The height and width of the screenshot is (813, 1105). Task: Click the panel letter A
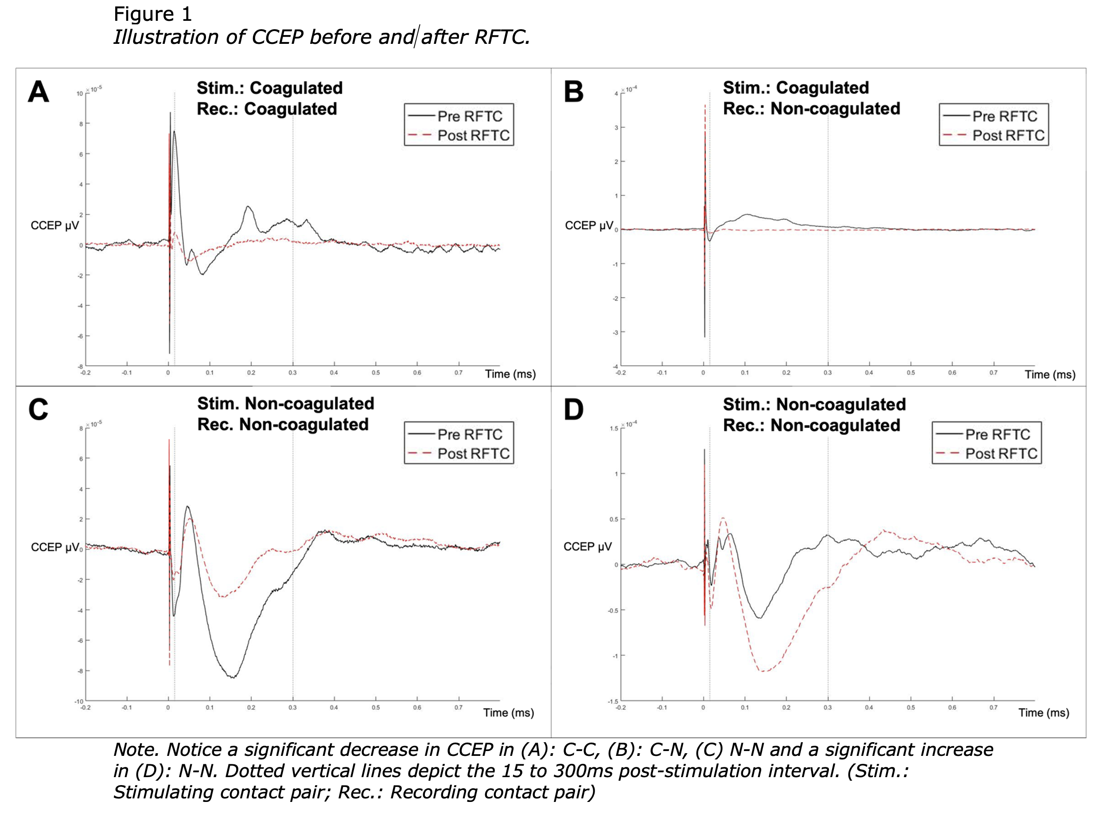(x=39, y=92)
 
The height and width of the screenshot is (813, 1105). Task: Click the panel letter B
(x=573, y=92)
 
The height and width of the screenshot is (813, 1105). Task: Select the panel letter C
(x=39, y=410)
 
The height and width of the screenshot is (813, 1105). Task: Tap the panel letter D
(x=573, y=410)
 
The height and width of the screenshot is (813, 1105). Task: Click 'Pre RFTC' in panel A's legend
(x=469, y=116)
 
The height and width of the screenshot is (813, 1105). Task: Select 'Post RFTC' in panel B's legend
(x=1008, y=135)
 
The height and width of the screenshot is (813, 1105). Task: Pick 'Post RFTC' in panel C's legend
(x=473, y=453)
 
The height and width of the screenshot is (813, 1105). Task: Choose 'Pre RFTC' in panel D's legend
(x=997, y=434)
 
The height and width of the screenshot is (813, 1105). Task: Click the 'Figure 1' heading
(x=153, y=14)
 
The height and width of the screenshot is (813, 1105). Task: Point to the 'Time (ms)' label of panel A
(x=510, y=374)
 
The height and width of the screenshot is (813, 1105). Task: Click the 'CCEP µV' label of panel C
(x=54, y=547)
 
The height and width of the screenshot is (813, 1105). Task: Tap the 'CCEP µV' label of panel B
(x=588, y=225)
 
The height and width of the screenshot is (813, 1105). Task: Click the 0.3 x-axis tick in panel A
(x=292, y=372)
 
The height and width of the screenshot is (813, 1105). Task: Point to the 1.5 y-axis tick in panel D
(x=614, y=429)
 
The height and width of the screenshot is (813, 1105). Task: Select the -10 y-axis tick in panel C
(x=79, y=701)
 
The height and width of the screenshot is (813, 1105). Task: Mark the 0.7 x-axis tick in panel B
(x=993, y=372)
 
